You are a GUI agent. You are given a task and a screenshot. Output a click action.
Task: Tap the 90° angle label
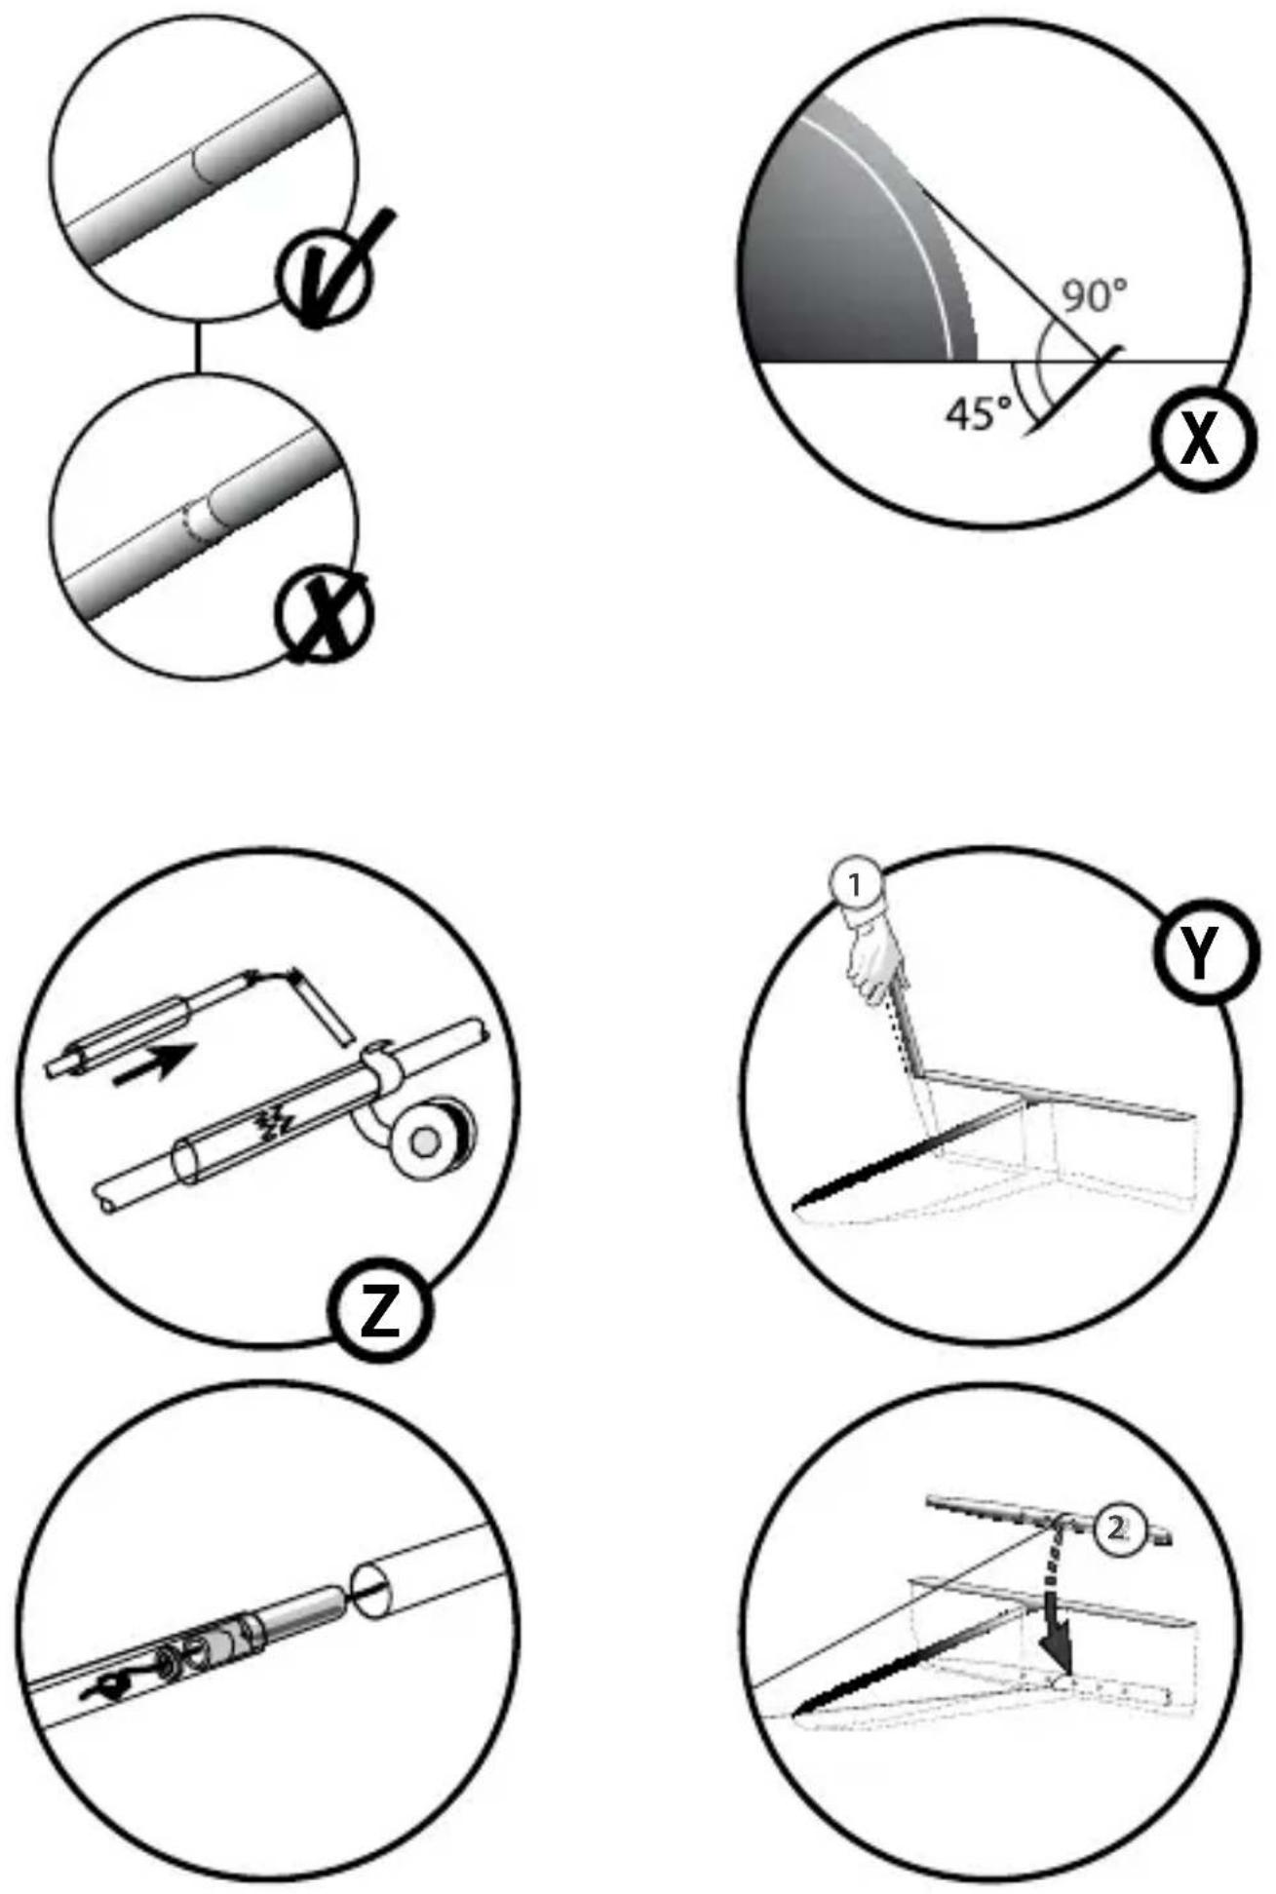[x=1094, y=295]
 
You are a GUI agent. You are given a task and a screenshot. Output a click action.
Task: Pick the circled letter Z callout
[x=380, y=1311]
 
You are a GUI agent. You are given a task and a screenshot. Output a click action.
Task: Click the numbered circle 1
[x=855, y=885]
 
